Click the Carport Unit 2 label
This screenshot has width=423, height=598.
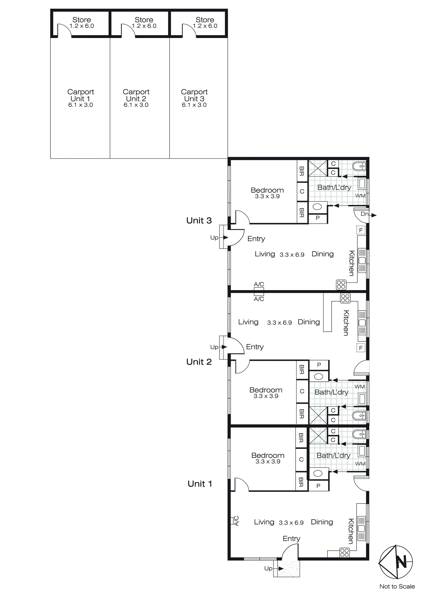click(x=136, y=95)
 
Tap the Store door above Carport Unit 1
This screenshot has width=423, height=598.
click(x=64, y=31)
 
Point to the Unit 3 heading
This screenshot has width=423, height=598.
click(x=199, y=221)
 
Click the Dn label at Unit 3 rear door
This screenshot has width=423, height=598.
click(x=364, y=214)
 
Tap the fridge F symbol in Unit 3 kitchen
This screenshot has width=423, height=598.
click(x=361, y=230)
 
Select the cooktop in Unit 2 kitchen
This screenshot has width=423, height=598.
click(x=345, y=298)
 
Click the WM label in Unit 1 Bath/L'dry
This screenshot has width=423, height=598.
click(x=360, y=464)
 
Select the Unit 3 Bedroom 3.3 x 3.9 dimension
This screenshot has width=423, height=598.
click(x=267, y=196)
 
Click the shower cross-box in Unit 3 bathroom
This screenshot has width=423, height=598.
click(x=318, y=168)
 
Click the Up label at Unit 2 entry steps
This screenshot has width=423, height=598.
click(x=214, y=347)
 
